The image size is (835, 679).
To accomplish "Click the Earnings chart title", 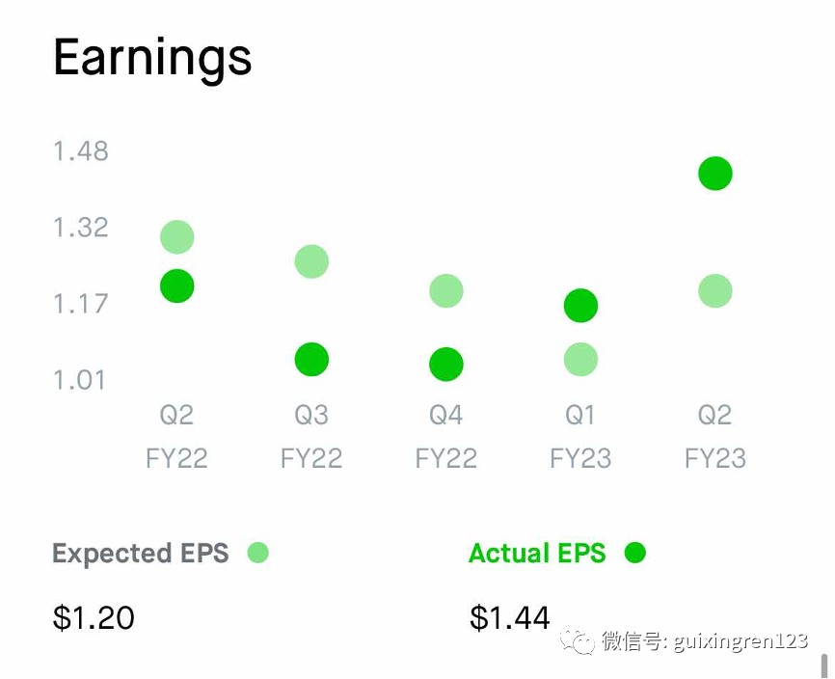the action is coord(152,59).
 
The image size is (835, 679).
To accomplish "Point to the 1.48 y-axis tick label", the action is coord(81,150).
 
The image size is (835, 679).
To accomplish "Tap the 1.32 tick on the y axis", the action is coord(81,228).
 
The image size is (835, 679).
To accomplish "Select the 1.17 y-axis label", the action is coord(81,304).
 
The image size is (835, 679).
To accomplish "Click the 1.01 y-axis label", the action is coord(80,380).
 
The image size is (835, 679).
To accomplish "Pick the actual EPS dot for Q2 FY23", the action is coord(715,173).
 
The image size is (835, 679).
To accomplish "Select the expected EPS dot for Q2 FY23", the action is coord(715,290).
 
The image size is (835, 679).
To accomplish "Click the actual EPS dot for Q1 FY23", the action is coord(580,306).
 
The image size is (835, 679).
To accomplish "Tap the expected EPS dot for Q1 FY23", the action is coord(580,360).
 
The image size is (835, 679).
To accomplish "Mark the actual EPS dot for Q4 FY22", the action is coord(446,365).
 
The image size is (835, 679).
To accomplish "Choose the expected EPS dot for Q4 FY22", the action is coord(446,290).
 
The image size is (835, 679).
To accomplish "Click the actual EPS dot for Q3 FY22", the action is coord(311,360).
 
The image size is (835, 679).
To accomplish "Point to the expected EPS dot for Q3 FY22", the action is coord(311,261).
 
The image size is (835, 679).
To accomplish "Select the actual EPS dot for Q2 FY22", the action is coord(176,286).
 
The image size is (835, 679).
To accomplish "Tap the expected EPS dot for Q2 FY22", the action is coord(176,237).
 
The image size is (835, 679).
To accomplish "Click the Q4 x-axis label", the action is coord(446,415).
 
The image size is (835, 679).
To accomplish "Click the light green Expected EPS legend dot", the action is coord(258,553).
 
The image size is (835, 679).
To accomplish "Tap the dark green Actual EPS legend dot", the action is coord(634,553).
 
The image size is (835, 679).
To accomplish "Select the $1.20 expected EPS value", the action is coord(94,618).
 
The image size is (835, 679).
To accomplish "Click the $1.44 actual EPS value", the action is coord(510,618).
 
